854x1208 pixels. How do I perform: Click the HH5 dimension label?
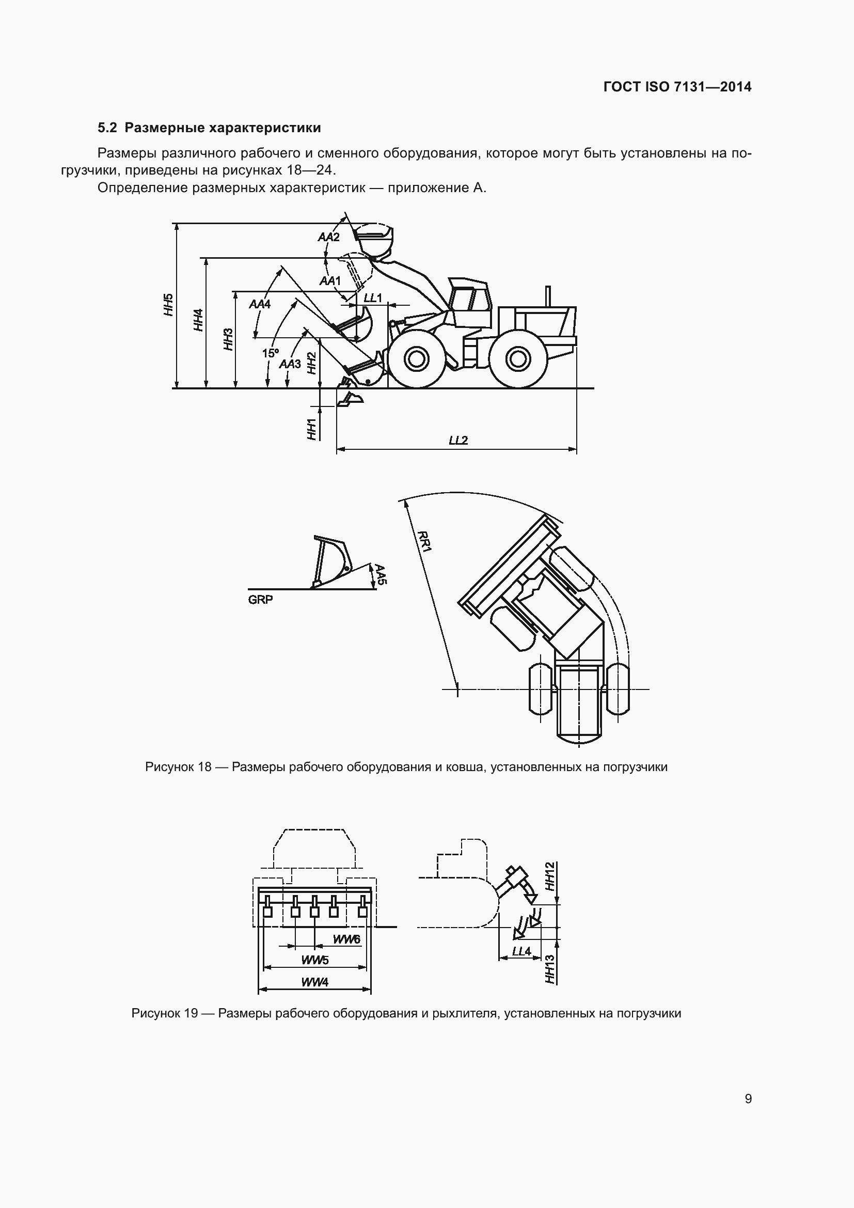tap(168, 305)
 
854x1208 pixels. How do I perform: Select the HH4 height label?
tap(198, 320)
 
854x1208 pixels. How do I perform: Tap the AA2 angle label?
tap(329, 237)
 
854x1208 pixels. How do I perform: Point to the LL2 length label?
tap(458, 441)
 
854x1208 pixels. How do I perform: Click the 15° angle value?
tap(271, 353)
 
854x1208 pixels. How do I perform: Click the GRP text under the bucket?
tap(260, 600)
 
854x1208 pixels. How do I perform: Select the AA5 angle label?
tap(381, 575)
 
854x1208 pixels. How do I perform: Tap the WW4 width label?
tap(314, 982)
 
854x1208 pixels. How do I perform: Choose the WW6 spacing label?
tap(346, 939)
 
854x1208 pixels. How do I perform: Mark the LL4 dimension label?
tap(521, 951)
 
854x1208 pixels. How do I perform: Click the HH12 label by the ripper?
tap(550, 876)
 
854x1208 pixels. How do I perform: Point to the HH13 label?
tap(550, 969)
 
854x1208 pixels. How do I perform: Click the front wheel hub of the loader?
tap(417, 359)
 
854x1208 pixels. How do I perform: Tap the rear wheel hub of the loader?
tap(518, 359)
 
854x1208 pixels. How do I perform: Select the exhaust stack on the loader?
tap(548, 296)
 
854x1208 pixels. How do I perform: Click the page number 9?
tap(748, 1099)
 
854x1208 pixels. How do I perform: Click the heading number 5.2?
tap(107, 128)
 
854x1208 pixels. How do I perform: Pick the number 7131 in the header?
tap(691, 87)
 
